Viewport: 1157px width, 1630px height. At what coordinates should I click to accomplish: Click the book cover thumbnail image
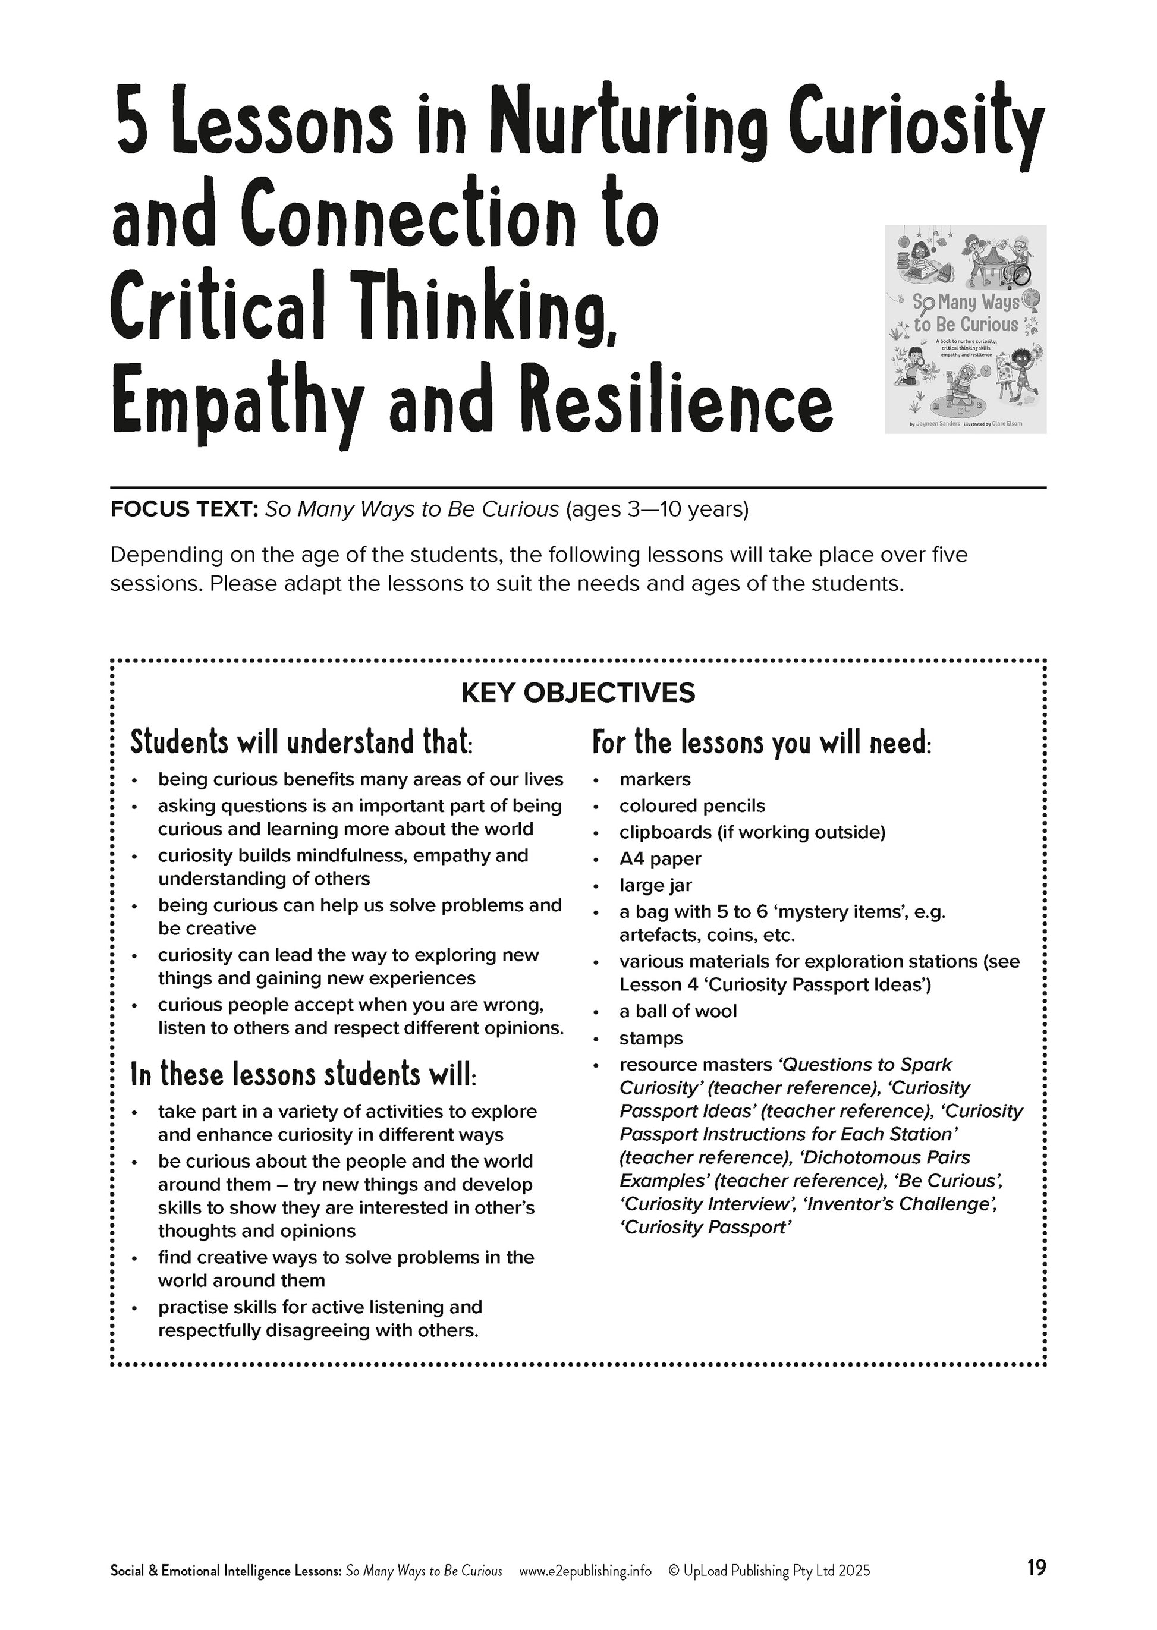pyautogui.click(x=966, y=329)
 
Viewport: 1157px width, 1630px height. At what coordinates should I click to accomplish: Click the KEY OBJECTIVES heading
pyautogui.click(x=578, y=693)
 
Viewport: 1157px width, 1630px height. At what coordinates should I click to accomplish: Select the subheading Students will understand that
pyautogui.click(x=301, y=742)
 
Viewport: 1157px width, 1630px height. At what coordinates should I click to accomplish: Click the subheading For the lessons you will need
pyautogui.click(x=762, y=742)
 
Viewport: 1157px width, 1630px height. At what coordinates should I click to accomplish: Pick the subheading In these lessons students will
pyautogui.click(x=303, y=1074)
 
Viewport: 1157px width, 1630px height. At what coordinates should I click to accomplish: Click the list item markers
pyautogui.click(x=655, y=779)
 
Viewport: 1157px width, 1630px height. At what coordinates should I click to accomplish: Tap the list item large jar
pyautogui.click(x=655, y=886)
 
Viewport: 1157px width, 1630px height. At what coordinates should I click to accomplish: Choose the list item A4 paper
pyautogui.click(x=660, y=859)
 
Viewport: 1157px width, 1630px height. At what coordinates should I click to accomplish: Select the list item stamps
pyautogui.click(x=650, y=1038)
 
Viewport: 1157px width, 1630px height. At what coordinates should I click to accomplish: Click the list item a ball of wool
pyautogui.click(x=678, y=1011)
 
